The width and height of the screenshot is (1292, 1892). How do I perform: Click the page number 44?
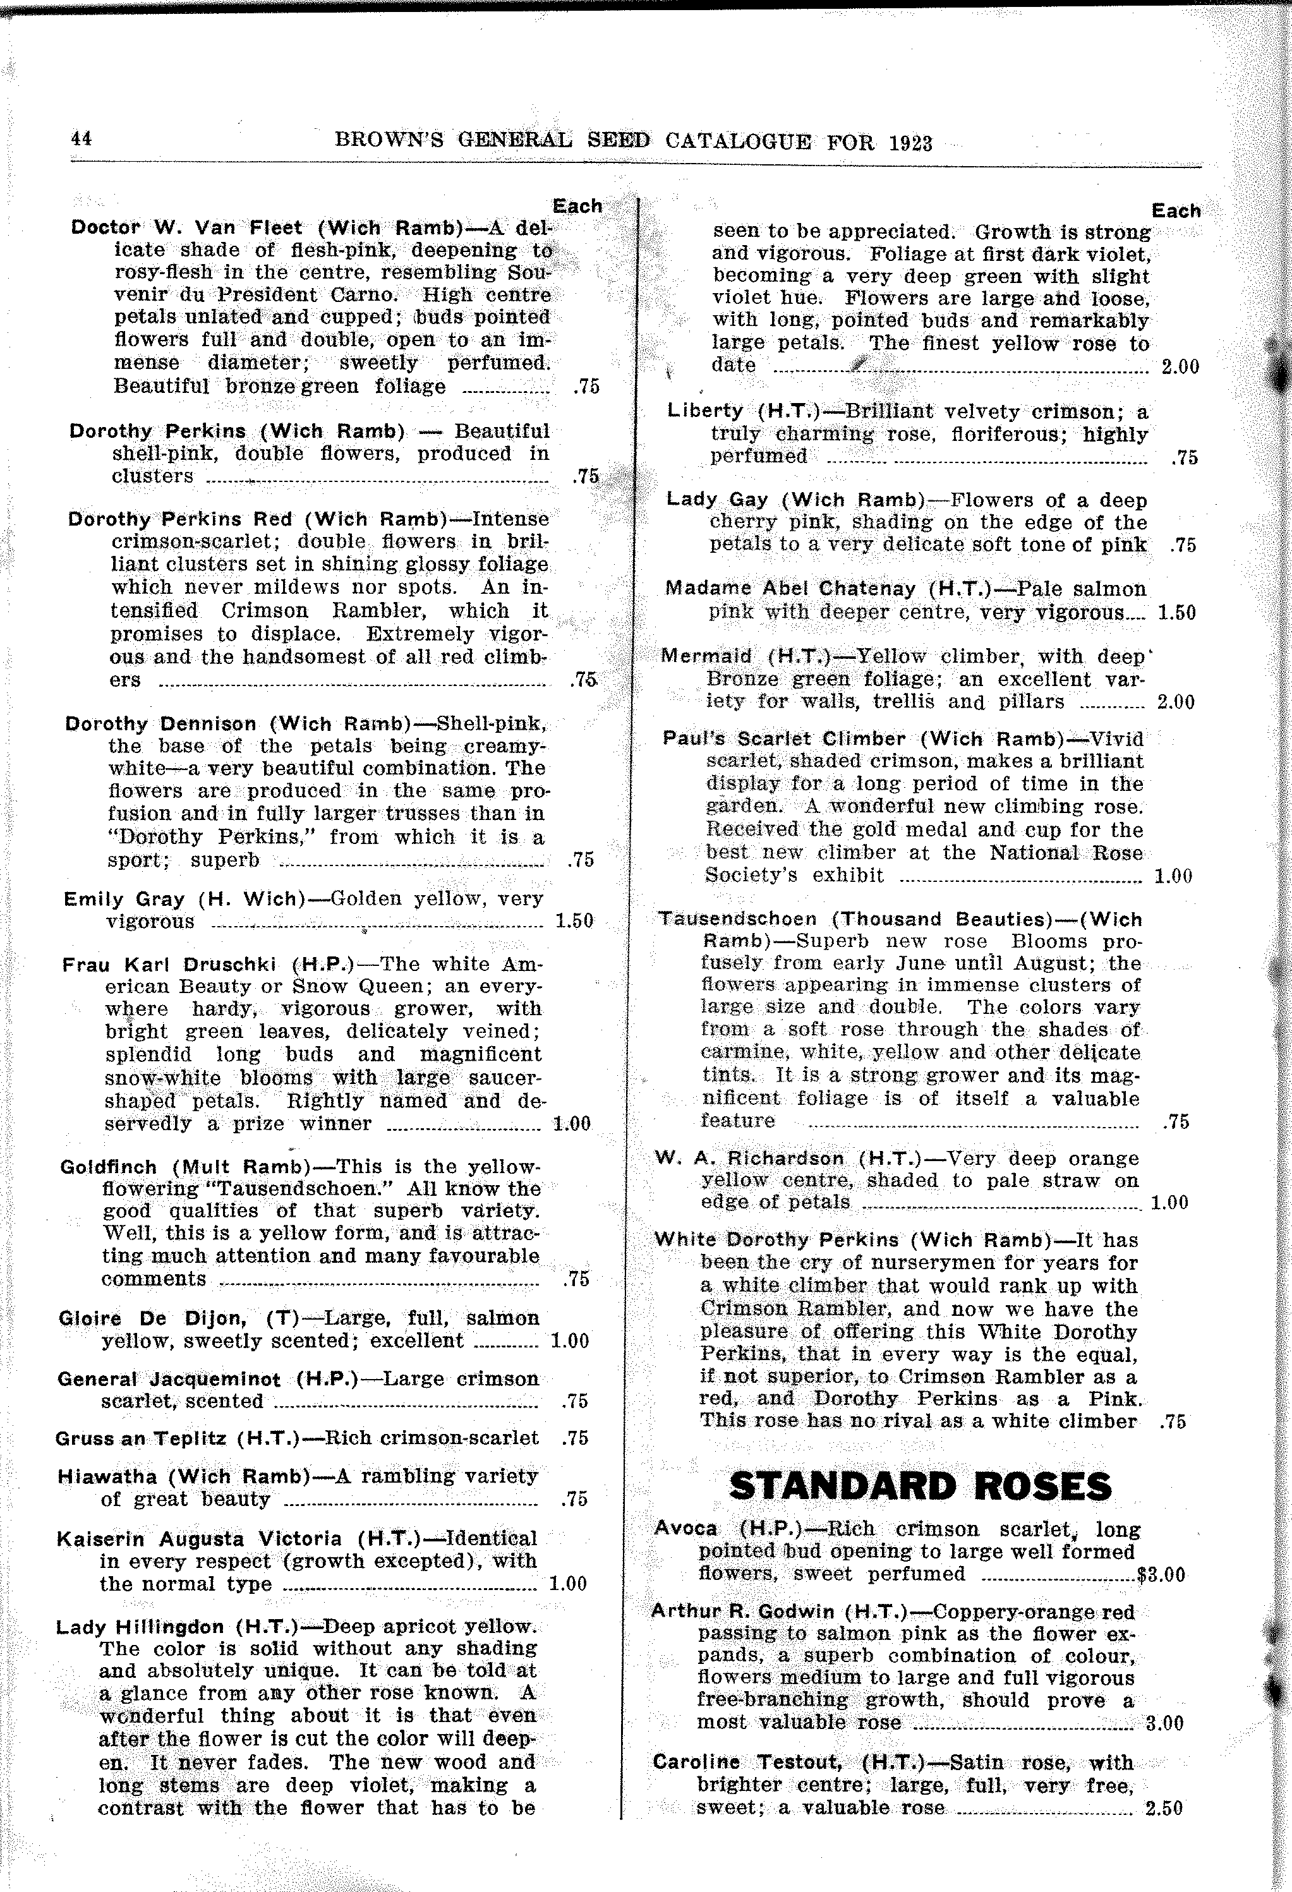point(82,138)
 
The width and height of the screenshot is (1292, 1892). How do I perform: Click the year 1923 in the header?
point(910,143)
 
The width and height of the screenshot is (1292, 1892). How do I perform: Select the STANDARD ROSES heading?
point(920,1486)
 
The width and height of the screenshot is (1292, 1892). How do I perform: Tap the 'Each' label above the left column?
point(577,206)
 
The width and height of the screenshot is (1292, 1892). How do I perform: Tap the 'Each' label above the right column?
point(1176,211)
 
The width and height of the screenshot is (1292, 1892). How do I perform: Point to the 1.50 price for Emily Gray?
point(574,921)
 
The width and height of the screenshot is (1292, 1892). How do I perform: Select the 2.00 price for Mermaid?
point(1174,702)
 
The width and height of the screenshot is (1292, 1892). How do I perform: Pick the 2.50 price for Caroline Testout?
point(1163,1808)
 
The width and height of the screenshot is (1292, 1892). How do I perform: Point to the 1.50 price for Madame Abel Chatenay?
point(1176,612)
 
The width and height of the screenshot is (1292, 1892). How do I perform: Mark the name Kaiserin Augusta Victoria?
point(200,1539)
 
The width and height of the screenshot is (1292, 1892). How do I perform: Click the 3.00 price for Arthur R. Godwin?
point(1164,1723)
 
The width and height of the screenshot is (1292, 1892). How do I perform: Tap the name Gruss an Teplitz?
point(141,1438)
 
